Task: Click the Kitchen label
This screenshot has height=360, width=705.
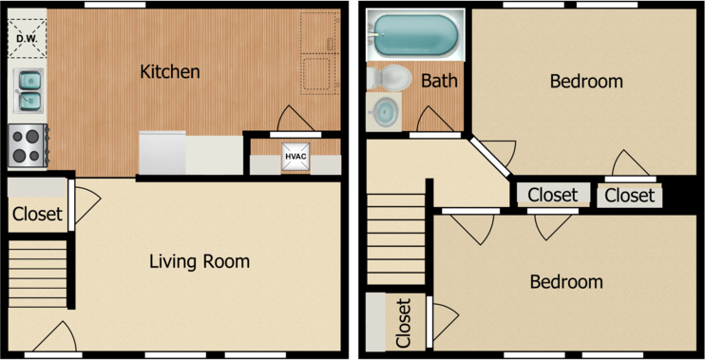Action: [170, 71]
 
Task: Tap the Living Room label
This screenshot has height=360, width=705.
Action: [200, 261]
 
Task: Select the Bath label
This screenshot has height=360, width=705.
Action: [439, 81]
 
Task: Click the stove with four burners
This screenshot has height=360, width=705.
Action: [28, 145]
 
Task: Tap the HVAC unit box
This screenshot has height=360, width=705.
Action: [295, 157]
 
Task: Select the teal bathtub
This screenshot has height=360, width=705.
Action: [415, 34]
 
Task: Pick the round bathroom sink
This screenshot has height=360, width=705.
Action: [386, 112]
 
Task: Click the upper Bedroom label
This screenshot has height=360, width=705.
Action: [586, 82]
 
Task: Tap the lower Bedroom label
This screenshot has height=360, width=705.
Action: [566, 282]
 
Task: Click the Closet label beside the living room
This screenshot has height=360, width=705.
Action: [37, 215]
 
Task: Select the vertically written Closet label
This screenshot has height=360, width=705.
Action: [403, 322]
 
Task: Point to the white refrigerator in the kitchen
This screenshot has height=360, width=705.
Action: [162, 153]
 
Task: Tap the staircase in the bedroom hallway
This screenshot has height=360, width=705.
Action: [394, 237]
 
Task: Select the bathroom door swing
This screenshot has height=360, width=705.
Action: [433, 120]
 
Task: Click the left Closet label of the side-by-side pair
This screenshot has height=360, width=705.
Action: [552, 196]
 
